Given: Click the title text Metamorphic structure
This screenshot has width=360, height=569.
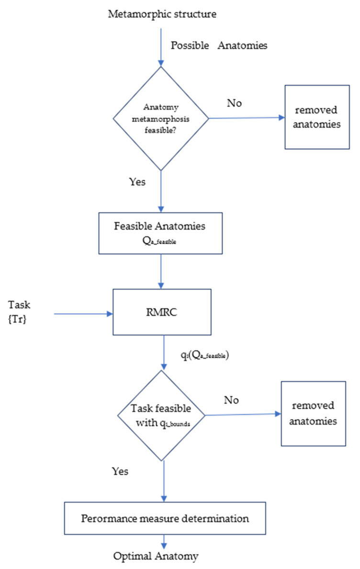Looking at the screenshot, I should point(162,14).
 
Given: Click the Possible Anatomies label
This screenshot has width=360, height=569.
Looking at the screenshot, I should point(219,45).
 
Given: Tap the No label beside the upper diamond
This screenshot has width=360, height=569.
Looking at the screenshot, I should point(234,103).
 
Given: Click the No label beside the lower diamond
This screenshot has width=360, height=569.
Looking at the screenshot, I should point(231,400).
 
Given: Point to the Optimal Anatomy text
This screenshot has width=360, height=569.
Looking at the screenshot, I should point(156,556).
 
